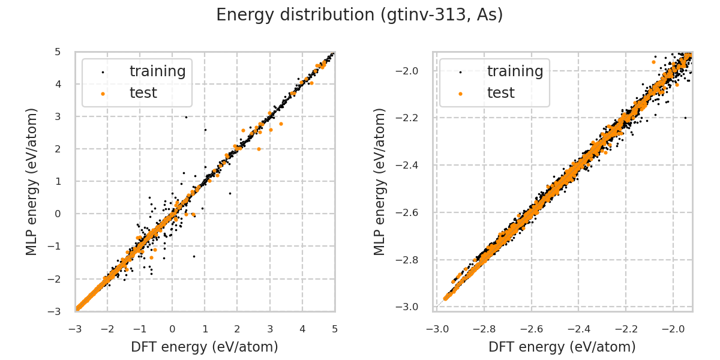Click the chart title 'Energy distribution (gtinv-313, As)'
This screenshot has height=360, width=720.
coord(359,15)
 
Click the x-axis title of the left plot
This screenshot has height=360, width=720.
coord(205,347)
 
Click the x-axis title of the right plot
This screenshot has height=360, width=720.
coord(562,347)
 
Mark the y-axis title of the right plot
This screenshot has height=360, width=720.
coord(380,181)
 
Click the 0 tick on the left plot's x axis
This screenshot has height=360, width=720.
coord(172,329)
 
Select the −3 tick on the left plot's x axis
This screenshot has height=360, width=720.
coord(75,329)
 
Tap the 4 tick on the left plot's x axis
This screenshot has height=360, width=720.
coord(302,329)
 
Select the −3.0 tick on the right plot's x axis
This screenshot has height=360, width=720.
coord(436,329)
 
